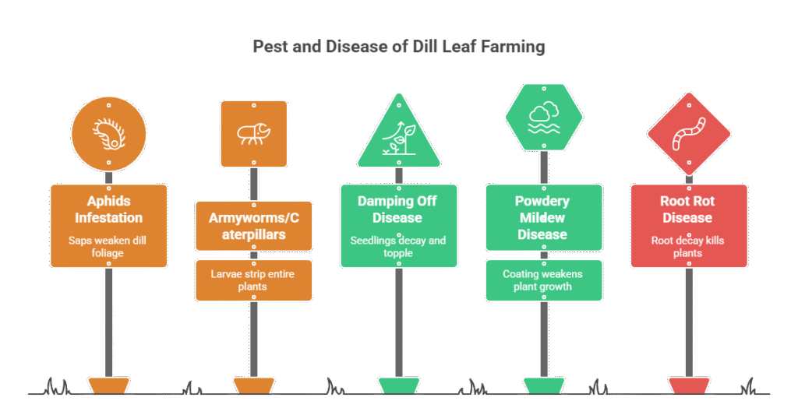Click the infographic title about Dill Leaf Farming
(399, 47)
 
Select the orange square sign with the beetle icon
(253, 133)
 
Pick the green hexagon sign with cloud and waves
(543, 117)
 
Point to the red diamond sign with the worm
(688, 134)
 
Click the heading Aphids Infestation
(108, 208)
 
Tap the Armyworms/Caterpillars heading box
(253, 225)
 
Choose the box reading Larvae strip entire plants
(253, 280)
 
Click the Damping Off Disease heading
(397, 209)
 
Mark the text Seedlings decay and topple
(397, 248)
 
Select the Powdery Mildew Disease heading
(543, 218)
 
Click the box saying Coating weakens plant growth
(543, 280)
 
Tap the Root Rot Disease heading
(688, 209)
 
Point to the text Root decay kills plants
(688, 247)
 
